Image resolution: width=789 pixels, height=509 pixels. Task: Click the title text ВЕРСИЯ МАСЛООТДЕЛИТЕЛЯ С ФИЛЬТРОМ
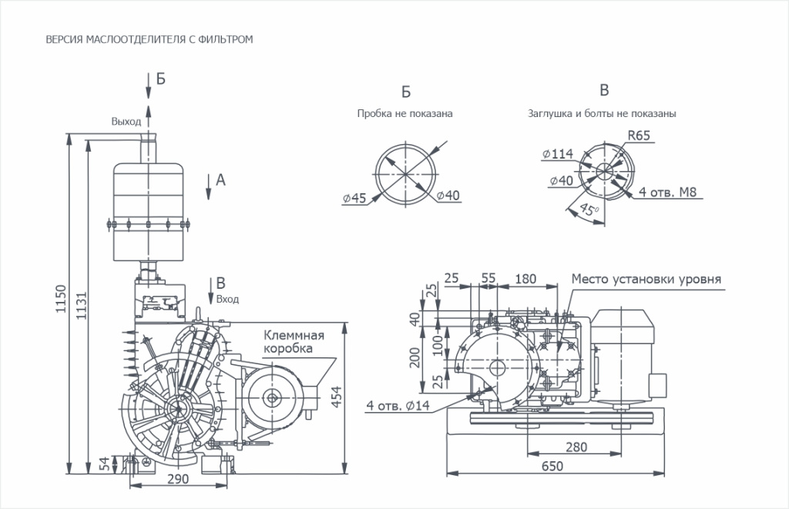click(x=149, y=38)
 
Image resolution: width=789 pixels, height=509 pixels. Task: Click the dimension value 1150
click(x=62, y=302)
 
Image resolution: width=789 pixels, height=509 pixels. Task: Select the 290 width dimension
click(x=178, y=478)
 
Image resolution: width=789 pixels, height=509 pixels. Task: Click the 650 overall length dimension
click(x=552, y=466)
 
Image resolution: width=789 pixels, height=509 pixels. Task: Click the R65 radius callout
click(x=639, y=135)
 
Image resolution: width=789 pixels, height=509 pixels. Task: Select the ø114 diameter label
click(x=558, y=154)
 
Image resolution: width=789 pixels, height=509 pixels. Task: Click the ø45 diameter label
click(x=355, y=200)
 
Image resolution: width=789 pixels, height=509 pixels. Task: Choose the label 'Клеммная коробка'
click(x=294, y=342)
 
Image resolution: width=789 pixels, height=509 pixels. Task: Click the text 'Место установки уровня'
click(x=646, y=278)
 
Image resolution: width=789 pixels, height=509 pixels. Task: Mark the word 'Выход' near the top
click(x=126, y=122)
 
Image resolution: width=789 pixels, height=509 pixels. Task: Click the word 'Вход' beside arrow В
click(x=227, y=299)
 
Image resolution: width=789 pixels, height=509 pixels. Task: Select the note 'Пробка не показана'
click(x=405, y=113)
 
